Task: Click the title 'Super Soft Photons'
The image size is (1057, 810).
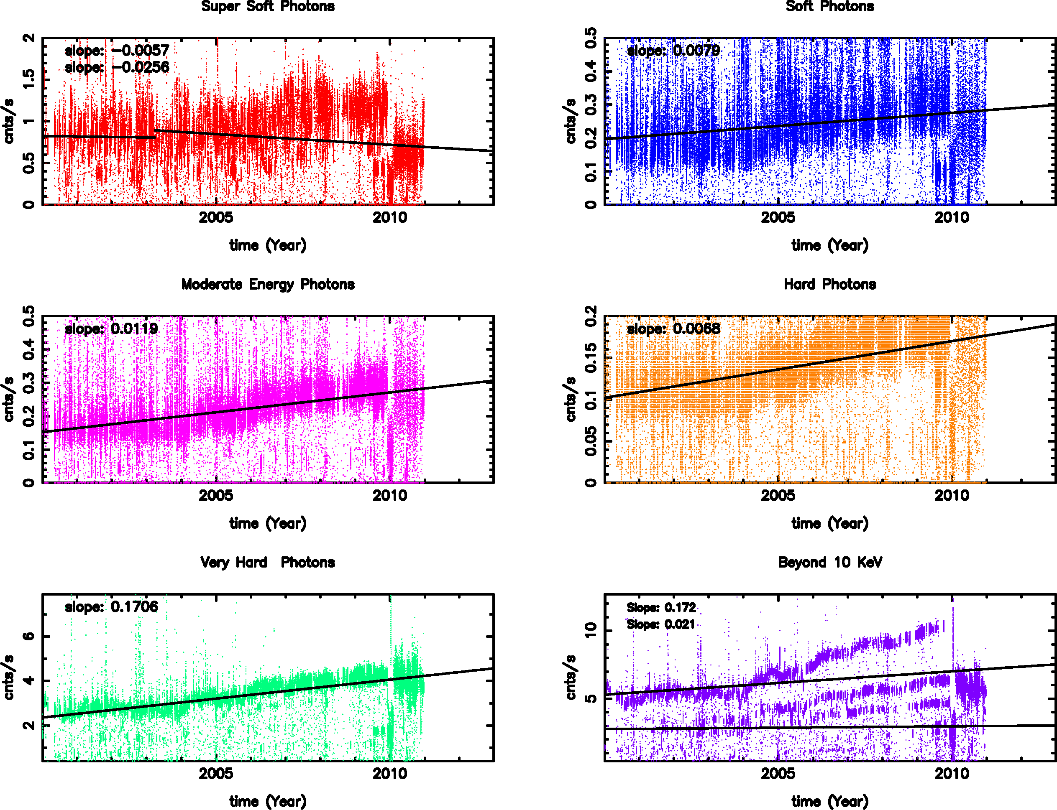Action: click(268, 6)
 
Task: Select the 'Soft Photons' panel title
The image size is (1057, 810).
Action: click(830, 6)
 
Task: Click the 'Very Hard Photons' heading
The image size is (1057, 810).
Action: click(268, 562)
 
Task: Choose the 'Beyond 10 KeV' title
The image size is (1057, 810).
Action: click(830, 562)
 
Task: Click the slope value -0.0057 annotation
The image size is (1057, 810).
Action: click(117, 50)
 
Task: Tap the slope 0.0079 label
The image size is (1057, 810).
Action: click(673, 50)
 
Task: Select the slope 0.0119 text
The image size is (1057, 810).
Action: click(111, 329)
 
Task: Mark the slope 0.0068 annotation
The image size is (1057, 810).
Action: click(673, 329)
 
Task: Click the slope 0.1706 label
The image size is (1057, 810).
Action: click(111, 606)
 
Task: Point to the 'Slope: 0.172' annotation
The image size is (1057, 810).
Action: click(661, 608)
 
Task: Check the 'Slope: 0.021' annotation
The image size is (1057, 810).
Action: click(661, 624)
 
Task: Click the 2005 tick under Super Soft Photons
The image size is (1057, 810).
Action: click(216, 217)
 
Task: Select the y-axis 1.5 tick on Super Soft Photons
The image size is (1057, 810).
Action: click(29, 79)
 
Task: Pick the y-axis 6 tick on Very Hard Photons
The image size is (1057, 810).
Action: click(29, 636)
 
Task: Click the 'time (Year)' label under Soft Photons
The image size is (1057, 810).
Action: click(830, 245)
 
